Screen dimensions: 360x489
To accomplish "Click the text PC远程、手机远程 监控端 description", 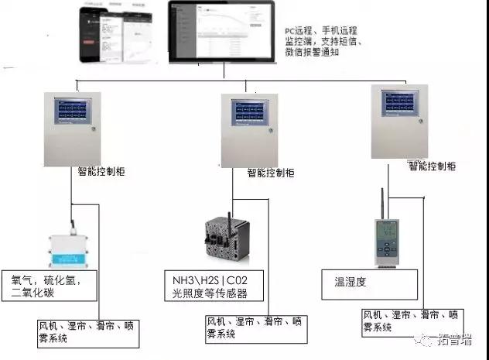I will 316,40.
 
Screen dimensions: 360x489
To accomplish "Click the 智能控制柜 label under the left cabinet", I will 104,171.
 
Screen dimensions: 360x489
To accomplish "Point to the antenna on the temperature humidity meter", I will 382,204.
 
